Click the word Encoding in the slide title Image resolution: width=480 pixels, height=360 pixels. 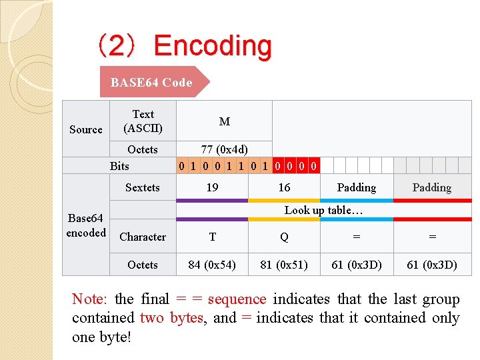click(x=213, y=46)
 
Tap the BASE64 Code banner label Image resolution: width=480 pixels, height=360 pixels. click(x=151, y=83)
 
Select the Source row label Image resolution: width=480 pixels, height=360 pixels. click(x=86, y=129)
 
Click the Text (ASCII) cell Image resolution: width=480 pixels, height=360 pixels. click(x=143, y=121)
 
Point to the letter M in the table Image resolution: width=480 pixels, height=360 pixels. click(x=225, y=121)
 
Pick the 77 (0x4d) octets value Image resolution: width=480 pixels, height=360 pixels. click(x=225, y=149)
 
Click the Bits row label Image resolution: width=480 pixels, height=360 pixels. click(x=119, y=166)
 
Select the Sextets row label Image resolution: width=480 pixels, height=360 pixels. click(x=143, y=187)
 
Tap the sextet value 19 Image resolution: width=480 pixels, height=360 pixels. click(x=212, y=187)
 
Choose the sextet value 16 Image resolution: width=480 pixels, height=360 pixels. click(x=284, y=187)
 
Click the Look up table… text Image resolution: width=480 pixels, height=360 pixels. click(x=323, y=210)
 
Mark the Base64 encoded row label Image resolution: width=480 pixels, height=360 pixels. click(x=86, y=225)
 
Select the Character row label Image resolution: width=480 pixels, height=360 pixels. click(x=143, y=237)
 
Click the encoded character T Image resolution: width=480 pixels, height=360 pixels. click(x=212, y=237)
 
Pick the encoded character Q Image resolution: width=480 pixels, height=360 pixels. click(x=284, y=237)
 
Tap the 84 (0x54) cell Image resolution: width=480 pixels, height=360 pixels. click(x=212, y=265)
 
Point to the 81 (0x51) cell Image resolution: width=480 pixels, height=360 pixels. click(x=284, y=265)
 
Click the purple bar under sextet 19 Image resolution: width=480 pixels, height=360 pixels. click(x=212, y=200)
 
